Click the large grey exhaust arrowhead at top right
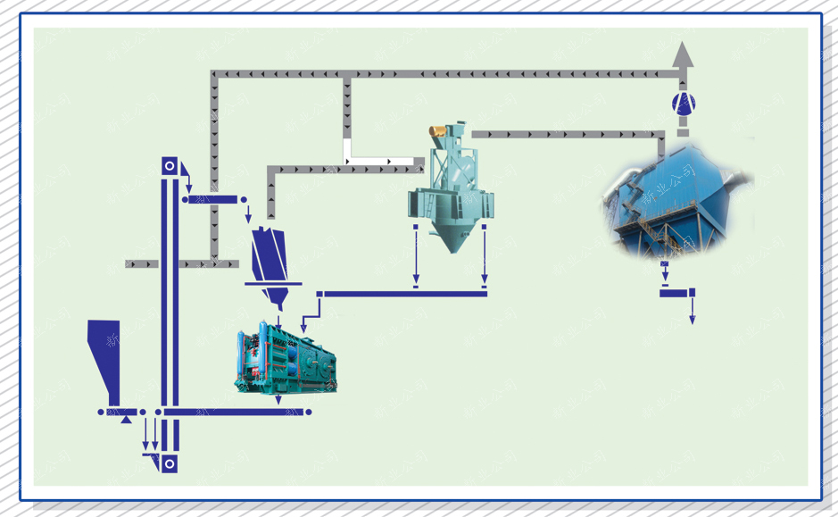[683, 54]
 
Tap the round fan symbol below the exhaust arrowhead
[683, 104]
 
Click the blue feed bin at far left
[105, 357]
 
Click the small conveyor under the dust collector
[676, 292]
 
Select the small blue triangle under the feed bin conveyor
[127, 419]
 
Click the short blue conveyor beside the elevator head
[215, 198]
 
